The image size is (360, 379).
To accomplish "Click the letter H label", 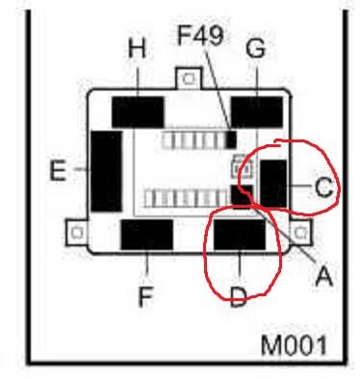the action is coord(137,48).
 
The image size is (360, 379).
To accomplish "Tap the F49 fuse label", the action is coord(200,35).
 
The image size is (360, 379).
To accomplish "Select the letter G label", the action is coord(256,49).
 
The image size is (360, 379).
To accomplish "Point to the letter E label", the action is coord(58,170).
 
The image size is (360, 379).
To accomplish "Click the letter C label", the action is coord(323,187).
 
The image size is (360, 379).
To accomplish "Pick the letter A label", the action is coord(323,275).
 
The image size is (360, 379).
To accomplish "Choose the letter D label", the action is coord(239,296).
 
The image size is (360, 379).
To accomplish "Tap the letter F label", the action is coord(146,296).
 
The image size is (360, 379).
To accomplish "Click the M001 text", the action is coord(295,345).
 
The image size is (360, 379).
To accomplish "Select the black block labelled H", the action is coord(138,112).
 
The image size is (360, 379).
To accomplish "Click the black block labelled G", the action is coord(257,112).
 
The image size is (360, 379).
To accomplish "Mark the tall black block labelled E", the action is coord(107,171).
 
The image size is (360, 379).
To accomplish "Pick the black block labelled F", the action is coord(147,235).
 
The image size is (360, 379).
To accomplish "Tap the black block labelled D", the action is coord(240,235).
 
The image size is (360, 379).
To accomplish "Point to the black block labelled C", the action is coord(273,184).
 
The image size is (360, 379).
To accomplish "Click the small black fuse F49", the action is coord(231,139).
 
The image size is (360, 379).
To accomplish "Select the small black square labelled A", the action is coord(242,196).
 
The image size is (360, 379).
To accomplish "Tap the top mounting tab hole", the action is coord(189,78).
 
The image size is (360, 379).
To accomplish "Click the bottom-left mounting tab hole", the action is coord(77,232).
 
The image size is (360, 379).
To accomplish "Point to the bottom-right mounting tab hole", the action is coord(300,232).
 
